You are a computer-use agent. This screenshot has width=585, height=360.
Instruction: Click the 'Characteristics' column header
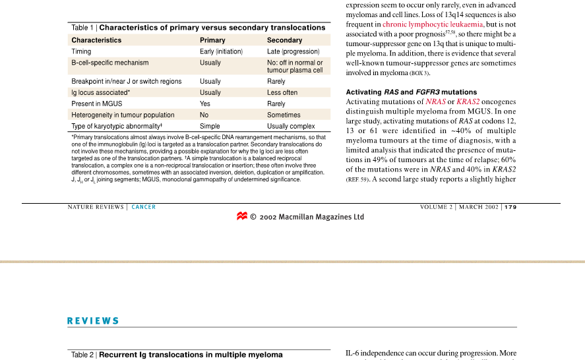pos(96,40)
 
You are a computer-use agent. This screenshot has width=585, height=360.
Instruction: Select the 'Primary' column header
pos(212,40)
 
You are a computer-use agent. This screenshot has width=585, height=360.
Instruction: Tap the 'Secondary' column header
pos(284,40)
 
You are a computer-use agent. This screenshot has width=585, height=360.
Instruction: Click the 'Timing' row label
pos(81,51)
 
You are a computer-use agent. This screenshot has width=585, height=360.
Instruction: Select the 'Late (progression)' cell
pos(293,51)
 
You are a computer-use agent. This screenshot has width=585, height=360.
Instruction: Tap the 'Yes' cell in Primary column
pos(205,104)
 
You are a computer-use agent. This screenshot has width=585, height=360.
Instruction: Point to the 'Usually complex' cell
pos(291,126)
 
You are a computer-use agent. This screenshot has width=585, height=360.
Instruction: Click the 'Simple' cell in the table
pos(210,126)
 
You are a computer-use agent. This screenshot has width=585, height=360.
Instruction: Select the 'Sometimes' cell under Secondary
pos(284,115)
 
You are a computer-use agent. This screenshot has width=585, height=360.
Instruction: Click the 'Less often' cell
pos(282,92)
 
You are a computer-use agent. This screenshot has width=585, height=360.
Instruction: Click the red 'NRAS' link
pos(435,102)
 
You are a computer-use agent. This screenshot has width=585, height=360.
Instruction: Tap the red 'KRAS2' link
pos(468,102)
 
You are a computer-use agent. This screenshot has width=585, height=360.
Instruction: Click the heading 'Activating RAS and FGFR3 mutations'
pos(411,92)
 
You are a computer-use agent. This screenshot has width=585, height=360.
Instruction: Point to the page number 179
pos(510,207)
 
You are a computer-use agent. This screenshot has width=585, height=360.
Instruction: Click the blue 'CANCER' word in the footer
pos(144,207)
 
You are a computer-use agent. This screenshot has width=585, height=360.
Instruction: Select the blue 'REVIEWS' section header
pos(93,321)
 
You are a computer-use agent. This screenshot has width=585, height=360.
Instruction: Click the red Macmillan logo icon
pos(242,216)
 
